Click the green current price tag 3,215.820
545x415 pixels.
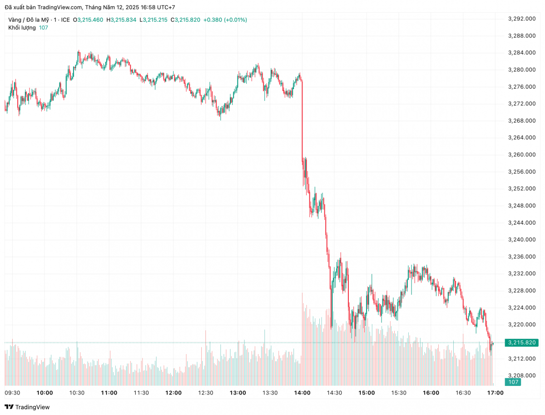pyautogui.click(x=522, y=342)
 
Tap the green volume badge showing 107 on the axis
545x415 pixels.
pyautogui.click(x=514, y=382)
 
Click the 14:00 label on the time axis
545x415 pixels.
pyautogui.click(x=302, y=393)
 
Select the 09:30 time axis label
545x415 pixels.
pyautogui.click(x=12, y=393)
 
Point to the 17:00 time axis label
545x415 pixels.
pyautogui.click(x=495, y=393)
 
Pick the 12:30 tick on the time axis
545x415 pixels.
pyautogui.click(x=206, y=393)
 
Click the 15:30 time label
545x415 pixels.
pyautogui.click(x=399, y=393)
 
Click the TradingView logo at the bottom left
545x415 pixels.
pyautogui.click(x=27, y=407)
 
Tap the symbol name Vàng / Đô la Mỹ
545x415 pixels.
pyautogui.click(x=28, y=20)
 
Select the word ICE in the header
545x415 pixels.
pyautogui.click(x=65, y=20)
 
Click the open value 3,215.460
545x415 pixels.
pyautogui.click(x=90, y=20)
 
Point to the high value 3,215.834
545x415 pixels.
pyautogui.click(x=124, y=20)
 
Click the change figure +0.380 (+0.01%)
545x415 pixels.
pyautogui.click(x=225, y=20)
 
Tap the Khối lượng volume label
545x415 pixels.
pyautogui.click(x=22, y=28)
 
